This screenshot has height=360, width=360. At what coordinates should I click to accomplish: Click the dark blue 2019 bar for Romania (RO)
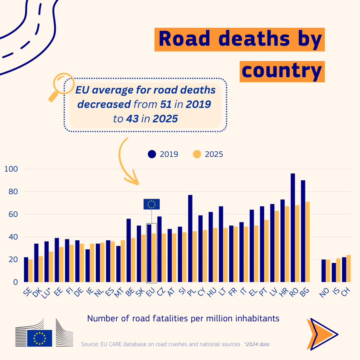click(293, 228)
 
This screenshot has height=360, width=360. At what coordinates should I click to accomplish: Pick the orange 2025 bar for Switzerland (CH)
click(348, 268)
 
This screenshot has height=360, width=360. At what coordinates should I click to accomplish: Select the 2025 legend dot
click(197, 154)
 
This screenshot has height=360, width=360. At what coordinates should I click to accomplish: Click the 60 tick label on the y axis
click(12, 214)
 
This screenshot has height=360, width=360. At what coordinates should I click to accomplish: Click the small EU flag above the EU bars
click(151, 204)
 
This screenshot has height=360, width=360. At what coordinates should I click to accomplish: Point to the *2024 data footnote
click(256, 344)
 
